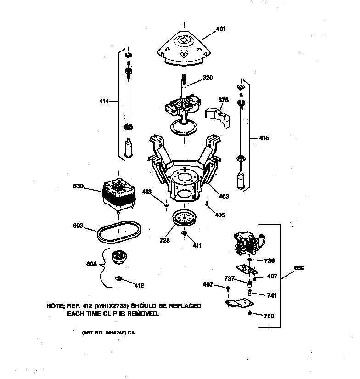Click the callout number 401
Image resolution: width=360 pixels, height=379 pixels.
221,28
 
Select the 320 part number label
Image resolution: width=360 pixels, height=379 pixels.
208,78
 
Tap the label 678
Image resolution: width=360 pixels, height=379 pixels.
224,99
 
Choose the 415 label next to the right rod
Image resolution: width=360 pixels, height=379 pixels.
264,138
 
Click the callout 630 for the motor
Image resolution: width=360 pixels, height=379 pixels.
79,186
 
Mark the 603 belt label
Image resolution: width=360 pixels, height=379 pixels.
78,226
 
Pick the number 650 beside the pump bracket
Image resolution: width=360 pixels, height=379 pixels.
299,268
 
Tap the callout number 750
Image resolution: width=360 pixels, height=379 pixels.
269,316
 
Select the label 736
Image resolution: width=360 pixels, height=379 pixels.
269,260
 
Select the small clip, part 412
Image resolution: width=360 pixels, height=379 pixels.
118,278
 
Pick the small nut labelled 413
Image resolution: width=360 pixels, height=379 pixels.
166,205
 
